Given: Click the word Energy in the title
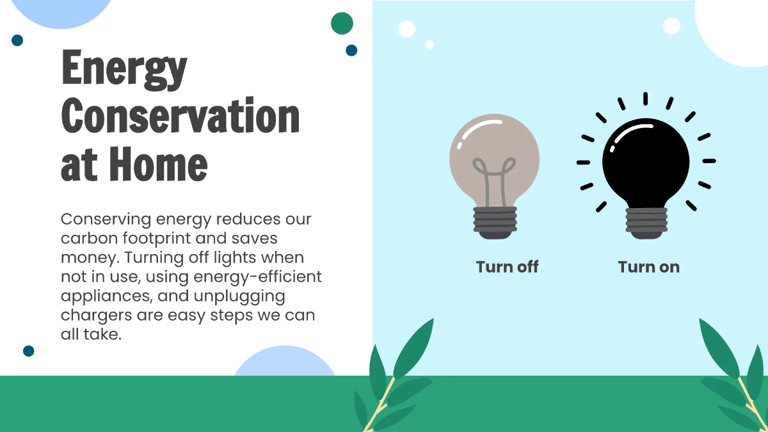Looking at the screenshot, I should coord(124,70).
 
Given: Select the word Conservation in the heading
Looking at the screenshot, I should coord(180,117).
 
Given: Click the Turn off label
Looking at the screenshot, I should coord(507,267).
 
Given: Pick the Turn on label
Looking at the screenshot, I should coord(648,267).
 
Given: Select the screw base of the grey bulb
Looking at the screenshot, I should coord(495,222).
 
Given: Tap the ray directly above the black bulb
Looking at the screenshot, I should coord(645,99).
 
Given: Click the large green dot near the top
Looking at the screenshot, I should coord(342,23).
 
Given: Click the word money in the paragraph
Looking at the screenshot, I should coord(86,258).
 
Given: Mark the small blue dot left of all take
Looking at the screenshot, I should coord(28,351).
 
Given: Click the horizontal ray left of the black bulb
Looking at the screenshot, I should coord(583,162).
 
